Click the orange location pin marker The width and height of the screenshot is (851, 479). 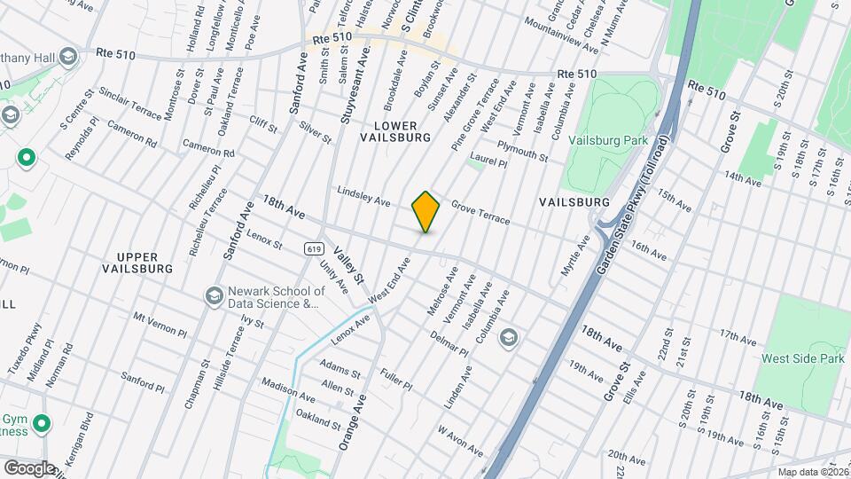pos(426,212)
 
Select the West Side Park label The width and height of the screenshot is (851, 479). pos(800,359)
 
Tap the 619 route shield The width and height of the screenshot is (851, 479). pos(313,249)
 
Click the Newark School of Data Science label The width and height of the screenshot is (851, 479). pos(275,297)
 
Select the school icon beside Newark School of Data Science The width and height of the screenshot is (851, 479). pos(214,296)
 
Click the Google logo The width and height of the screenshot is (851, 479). pos(28,467)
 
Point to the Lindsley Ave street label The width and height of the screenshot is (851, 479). pos(363,196)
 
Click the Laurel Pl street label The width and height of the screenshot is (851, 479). pos(488,161)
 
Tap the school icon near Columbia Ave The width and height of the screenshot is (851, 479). pos(509,337)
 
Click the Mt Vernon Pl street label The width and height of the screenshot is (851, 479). pos(160,324)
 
